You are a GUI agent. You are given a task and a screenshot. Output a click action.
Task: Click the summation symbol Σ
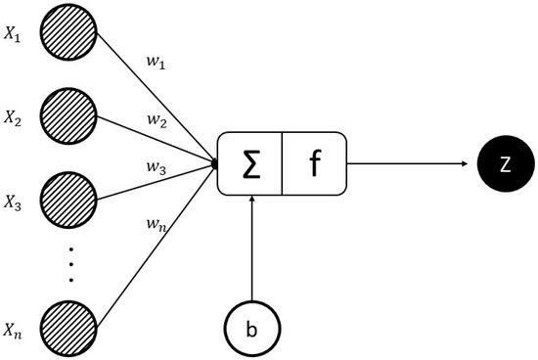(249, 162)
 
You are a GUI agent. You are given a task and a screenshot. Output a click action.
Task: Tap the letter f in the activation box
(314, 162)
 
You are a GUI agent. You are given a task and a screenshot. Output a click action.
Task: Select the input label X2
(13, 118)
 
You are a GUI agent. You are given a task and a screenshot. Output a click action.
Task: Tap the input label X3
(13, 203)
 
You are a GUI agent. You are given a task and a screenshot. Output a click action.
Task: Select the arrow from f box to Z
(411, 162)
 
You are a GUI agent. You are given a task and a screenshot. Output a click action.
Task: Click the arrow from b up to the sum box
(252, 245)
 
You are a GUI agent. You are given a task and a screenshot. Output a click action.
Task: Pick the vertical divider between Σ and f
(283, 162)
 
